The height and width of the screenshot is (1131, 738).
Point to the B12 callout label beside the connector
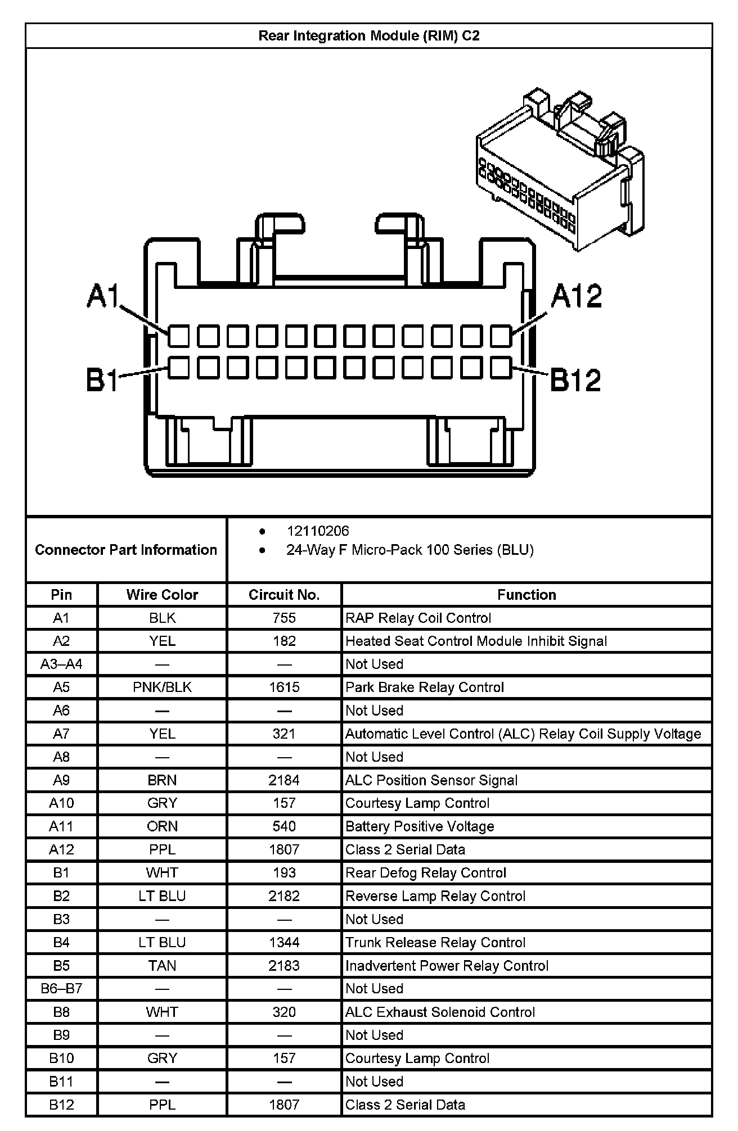coord(575,380)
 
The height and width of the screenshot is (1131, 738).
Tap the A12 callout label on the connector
coord(577,296)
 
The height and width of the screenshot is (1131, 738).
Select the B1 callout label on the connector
coord(102,380)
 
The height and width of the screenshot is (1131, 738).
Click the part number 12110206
coord(318,531)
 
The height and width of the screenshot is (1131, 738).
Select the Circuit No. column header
coord(284,595)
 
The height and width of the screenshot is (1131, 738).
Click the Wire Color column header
coord(162,595)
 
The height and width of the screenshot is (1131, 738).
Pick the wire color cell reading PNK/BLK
coord(162,687)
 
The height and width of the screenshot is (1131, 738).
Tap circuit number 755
coord(284,618)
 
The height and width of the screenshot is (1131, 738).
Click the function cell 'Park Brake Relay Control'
coord(425,687)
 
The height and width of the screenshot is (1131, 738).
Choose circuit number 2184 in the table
coord(284,780)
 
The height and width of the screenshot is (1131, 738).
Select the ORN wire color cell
coord(162,826)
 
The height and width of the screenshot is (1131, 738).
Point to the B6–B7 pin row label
coord(61,989)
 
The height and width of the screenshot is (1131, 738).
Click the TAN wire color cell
coord(162,966)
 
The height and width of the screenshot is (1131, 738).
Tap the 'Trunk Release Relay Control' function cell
coord(435,943)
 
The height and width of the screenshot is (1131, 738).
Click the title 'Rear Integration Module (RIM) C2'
coord(369,36)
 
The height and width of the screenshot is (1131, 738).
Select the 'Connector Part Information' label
coord(126,550)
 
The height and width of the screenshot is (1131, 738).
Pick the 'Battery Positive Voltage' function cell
coord(420,826)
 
